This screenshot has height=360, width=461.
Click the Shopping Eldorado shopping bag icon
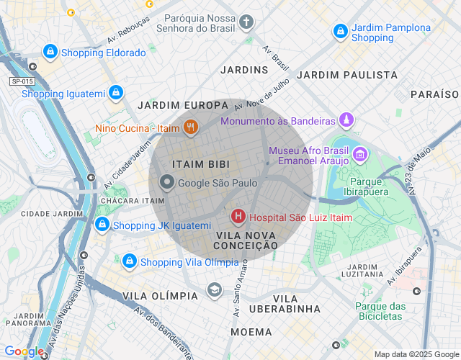pyautogui.click(x=50, y=52)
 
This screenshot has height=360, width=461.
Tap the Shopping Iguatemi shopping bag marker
pyautogui.click(x=115, y=93)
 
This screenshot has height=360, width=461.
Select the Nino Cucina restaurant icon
pyautogui.click(x=191, y=128)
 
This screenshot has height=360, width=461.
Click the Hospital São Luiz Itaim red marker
pyautogui.click(x=238, y=216)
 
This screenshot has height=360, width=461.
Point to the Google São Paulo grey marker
pyautogui.click(x=167, y=183)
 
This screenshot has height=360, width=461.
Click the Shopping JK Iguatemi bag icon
pyautogui.click(x=102, y=225)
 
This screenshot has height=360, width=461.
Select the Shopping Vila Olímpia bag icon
pyautogui.click(x=130, y=261)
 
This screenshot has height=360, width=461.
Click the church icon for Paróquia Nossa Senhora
pyautogui.click(x=246, y=22)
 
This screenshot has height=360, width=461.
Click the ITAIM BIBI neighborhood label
pyautogui.click(x=201, y=164)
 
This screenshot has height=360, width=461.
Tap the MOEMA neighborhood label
pyautogui.click(x=251, y=332)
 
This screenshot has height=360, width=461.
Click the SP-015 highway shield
pyautogui.click(x=22, y=81)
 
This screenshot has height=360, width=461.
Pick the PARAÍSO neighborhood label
pyautogui.click(x=434, y=94)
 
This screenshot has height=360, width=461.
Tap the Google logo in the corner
pyautogui.click(x=24, y=351)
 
